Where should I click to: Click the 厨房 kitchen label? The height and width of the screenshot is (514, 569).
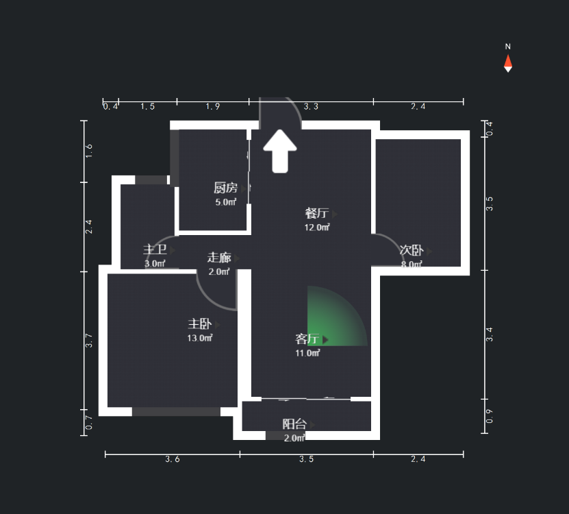[225, 188]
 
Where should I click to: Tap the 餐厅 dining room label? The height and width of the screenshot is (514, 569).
[316, 213]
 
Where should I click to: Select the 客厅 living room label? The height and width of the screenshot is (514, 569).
[307, 339]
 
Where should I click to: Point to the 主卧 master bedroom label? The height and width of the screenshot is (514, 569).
[199, 324]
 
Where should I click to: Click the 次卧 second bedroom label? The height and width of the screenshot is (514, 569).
[412, 251]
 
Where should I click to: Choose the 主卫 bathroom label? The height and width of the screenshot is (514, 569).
[155, 250]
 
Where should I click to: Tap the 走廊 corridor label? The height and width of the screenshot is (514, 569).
[219, 258]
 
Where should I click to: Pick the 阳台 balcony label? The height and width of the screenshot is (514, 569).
[294, 424]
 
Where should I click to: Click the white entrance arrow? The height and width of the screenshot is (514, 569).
[280, 151]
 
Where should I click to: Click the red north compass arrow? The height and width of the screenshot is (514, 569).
[508, 62]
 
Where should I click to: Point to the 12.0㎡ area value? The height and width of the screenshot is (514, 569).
[317, 227]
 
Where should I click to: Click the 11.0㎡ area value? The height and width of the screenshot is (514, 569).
[307, 353]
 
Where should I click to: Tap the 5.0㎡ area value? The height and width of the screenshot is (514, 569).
[225, 202]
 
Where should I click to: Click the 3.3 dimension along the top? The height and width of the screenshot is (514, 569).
[312, 107]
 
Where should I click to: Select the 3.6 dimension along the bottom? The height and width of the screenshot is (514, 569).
[173, 459]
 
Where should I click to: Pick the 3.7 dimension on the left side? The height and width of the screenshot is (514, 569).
[89, 341]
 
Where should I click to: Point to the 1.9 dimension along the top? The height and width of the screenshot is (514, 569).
[213, 107]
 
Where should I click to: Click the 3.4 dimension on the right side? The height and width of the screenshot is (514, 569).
[489, 334]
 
